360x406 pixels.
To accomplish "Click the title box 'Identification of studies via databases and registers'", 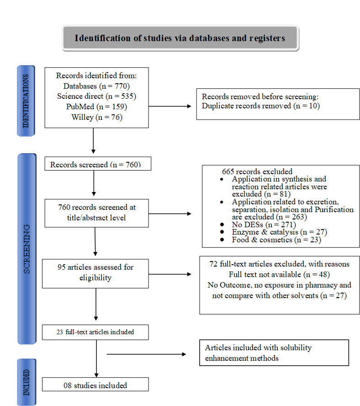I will [x=180, y=38].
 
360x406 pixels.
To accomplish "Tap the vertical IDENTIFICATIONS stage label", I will [x=26, y=101].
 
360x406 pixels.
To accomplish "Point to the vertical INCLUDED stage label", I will [x=26, y=382].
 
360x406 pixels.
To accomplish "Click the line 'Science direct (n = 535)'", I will [x=96, y=96].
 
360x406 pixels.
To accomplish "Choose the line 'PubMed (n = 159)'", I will [x=96, y=107].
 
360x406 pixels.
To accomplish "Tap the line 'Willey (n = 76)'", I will [x=96, y=117].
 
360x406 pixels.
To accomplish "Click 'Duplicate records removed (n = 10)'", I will [x=260, y=106].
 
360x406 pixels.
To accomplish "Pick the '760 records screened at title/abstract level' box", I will [x=96, y=213].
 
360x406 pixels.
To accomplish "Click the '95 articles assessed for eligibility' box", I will [x=95, y=272].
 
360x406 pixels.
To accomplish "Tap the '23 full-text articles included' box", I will [x=95, y=332].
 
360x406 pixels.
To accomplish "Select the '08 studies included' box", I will [x=95, y=385].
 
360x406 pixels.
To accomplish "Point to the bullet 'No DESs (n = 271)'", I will [x=264, y=224].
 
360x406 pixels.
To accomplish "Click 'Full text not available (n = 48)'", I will [x=279, y=274].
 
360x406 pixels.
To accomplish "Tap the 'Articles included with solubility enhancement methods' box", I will [x=274, y=353].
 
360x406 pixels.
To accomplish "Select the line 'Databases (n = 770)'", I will [x=96, y=85].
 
